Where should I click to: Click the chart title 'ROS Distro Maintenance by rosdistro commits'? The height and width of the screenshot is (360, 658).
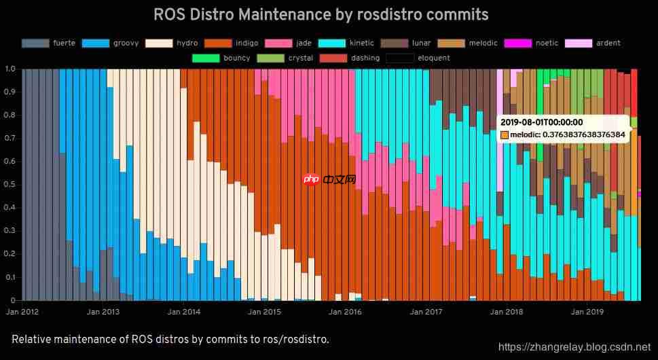tap(321, 14)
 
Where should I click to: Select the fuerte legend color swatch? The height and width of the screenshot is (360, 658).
tap(35, 43)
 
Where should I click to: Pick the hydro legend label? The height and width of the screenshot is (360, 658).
tap(187, 43)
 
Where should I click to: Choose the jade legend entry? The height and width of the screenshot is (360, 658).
tap(304, 43)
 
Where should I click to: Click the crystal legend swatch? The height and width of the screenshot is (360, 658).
tap(270, 58)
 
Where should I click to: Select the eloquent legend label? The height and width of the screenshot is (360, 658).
tap(434, 58)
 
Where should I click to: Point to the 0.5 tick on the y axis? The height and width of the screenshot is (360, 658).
tap(10, 185)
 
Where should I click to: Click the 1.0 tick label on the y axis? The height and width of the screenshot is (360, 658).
tap(10, 69)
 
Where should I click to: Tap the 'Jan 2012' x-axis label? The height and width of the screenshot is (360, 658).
tap(22, 312)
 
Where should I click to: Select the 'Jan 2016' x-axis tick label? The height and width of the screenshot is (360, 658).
tap(345, 312)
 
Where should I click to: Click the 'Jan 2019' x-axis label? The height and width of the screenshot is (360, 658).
tap(587, 312)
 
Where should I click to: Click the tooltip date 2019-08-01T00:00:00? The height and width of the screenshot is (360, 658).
tap(541, 122)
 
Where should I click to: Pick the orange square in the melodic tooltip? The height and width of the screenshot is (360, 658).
tap(504, 135)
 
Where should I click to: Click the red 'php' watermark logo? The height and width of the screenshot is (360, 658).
tap(311, 179)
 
